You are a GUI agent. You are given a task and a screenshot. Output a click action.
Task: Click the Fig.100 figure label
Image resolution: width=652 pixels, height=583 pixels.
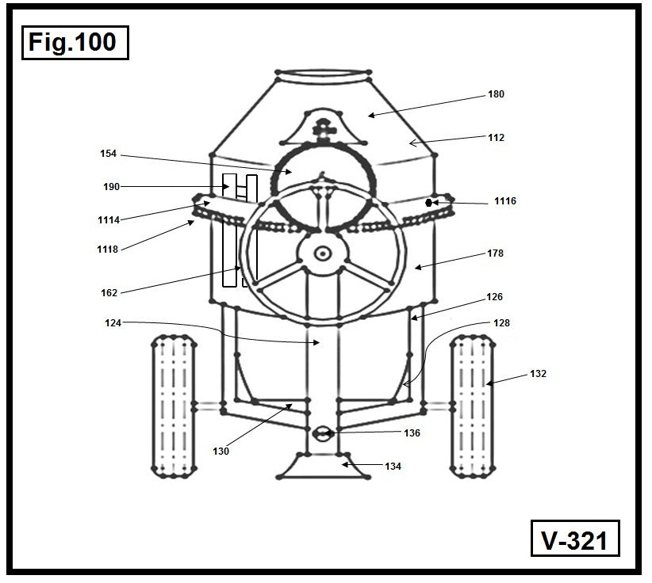pyautogui.click(x=72, y=41)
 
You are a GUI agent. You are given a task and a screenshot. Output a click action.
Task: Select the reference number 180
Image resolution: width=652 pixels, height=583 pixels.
pyautogui.click(x=496, y=94)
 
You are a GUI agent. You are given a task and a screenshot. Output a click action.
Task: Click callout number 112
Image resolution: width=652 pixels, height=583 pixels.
pyautogui.click(x=496, y=137)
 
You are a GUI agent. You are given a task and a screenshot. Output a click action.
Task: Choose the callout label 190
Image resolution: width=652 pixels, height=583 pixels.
pyautogui.click(x=111, y=187)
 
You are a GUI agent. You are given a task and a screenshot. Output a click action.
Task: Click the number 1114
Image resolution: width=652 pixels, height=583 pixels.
pyautogui.click(x=109, y=219)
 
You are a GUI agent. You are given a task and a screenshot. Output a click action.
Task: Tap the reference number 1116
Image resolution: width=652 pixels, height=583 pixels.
pyautogui.click(x=504, y=201)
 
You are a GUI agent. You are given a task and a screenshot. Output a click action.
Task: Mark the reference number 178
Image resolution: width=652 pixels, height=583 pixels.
pyautogui.click(x=496, y=253)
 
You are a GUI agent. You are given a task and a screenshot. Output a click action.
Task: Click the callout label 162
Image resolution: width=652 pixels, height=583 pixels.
pyautogui.click(x=109, y=292)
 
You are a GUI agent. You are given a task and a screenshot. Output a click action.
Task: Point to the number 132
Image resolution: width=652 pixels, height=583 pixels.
pyautogui.click(x=538, y=372)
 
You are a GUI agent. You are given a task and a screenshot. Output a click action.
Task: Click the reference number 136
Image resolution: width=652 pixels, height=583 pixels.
pyautogui.click(x=412, y=433)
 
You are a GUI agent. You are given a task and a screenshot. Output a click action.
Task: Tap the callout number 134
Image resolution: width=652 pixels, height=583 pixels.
pyautogui.click(x=393, y=467)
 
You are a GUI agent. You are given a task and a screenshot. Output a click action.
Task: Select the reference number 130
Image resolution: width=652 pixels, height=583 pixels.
pyautogui.click(x=221, y=451)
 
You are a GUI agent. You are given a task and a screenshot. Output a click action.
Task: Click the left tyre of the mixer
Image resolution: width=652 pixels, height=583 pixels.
pyautogui.click(x=173, y=406)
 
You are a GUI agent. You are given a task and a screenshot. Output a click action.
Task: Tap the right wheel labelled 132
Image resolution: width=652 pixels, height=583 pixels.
pyautogui.click(x=472, y=406)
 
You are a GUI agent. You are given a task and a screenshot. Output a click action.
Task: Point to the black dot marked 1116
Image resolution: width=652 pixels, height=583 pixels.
pyautogui.click(x=429, y=202)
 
